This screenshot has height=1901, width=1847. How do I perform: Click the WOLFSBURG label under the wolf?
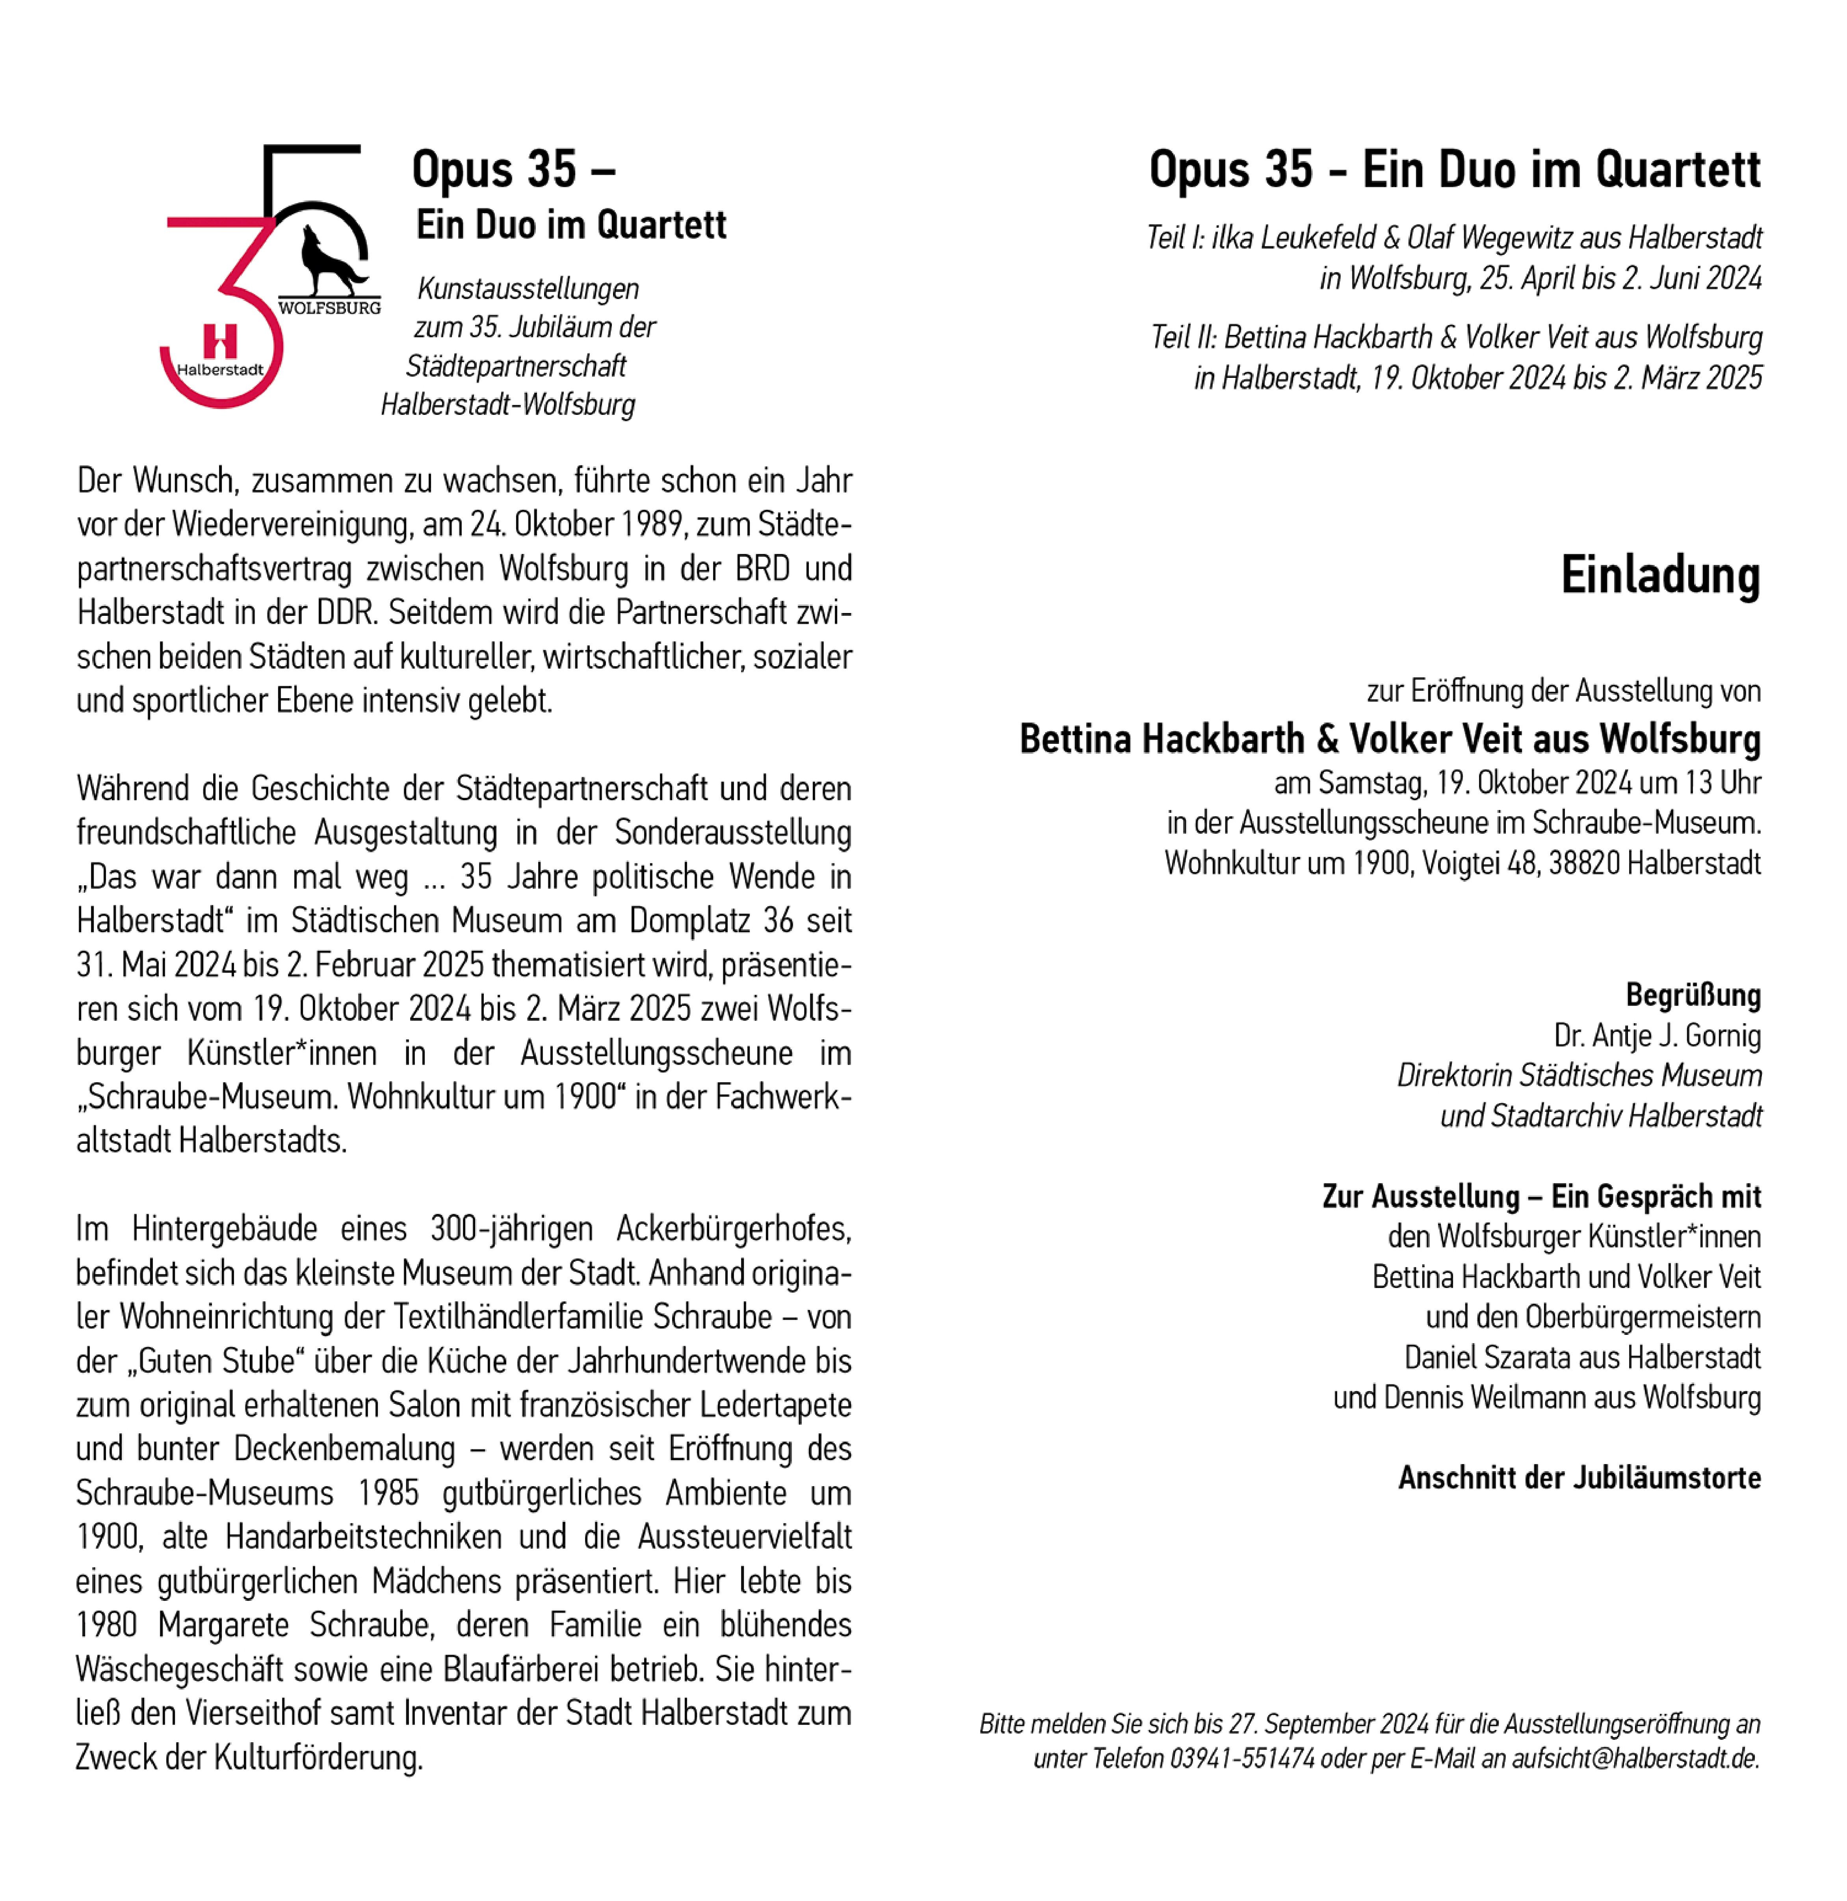click(330, 307)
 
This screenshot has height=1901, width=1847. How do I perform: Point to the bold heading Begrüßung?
click(1693, 995)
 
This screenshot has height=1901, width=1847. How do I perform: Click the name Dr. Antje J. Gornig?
click(1657, 1036)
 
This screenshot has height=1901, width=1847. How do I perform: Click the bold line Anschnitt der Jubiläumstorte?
click(1579, 1477)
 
